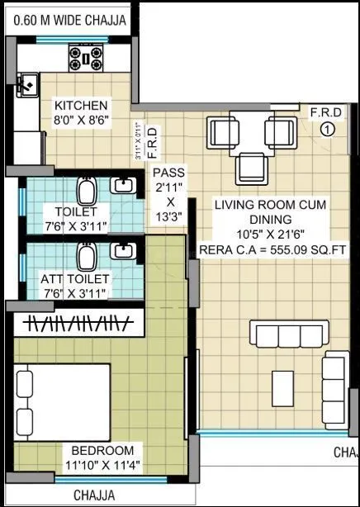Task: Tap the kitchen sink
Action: [x=26, y=83]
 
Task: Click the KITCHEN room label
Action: [x=81, y=106]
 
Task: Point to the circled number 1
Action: [x=327, y=128]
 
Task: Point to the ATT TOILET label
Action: [x=74, y=278]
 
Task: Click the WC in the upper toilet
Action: [x=85, y=192]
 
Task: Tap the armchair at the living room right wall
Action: [x=334, y=377]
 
